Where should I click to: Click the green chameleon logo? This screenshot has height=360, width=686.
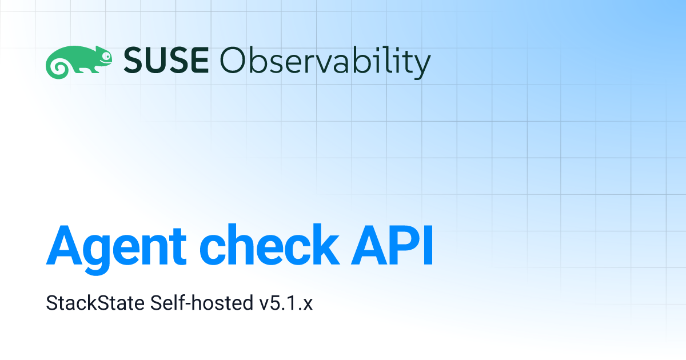click(79, 62)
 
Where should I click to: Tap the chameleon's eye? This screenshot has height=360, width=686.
click(106, 56)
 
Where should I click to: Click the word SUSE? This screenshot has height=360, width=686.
click(166, 60)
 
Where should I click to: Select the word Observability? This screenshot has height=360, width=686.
click(325, 63)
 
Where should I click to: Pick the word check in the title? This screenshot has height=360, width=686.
click(269, 245)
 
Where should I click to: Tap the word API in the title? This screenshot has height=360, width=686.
click(392, 246)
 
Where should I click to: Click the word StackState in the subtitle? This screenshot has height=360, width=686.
click(95, 303)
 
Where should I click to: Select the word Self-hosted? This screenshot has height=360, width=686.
click(201, 303)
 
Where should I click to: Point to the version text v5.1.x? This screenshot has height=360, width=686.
click(286, 303)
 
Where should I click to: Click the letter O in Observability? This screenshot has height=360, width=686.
click(233, 60)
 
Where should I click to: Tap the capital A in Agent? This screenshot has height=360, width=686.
click(63, 246)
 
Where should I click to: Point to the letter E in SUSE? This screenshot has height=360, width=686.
click(200, 60)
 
